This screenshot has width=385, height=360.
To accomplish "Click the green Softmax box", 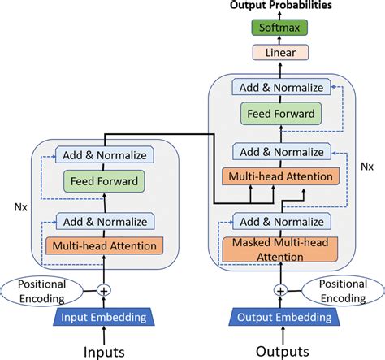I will [280, 28].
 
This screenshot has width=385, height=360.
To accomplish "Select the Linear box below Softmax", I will [280, 52].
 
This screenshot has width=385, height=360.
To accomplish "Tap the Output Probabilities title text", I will [281, 7].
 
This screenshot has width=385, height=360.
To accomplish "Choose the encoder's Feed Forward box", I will [103, 181].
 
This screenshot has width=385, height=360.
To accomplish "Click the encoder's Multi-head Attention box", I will [103, 245].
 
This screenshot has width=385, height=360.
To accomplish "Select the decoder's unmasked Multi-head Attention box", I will [281, 176].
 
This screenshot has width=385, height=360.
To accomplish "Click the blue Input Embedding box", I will [103, 317].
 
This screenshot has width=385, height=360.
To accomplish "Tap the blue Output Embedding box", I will [281, 317].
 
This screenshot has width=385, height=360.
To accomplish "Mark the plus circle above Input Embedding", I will [103, 289].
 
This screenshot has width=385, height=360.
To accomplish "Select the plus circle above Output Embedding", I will [281, 289].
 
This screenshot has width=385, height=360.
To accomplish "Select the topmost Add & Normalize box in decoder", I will [281, 87].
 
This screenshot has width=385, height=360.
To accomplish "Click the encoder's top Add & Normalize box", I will [103, 153].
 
